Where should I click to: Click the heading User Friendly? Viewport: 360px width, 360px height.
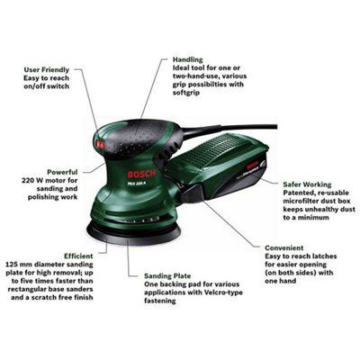click(47, 70)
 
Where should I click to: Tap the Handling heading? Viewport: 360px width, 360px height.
click(188, 59)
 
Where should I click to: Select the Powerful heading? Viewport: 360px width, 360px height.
click(62, 172)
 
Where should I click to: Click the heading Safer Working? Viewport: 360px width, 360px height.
click(307, 184)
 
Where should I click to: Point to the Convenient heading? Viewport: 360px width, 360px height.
click(284, 248)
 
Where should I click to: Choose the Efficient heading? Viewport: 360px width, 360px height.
click(78, 256)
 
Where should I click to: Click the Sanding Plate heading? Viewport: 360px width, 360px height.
click(167, 276)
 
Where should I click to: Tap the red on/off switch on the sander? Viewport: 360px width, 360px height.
click(100, 144)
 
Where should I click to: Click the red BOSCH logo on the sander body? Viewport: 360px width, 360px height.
click(141, 175)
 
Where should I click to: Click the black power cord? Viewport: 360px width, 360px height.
click(228, 130)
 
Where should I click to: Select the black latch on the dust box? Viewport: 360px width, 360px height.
click(191, 193)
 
